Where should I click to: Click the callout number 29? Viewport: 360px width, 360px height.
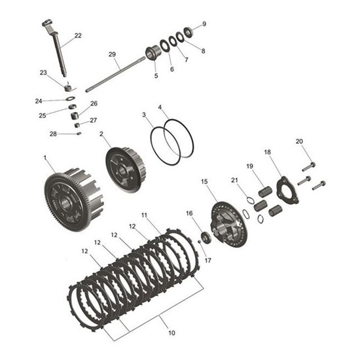pos(112,54)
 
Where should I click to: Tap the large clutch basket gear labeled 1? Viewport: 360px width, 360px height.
pos(74,199)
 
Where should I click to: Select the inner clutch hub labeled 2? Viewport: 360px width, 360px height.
pos(125,170)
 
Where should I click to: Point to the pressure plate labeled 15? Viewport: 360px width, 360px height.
pos(228,224)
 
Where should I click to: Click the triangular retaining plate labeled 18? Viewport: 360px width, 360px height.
pos(287,190)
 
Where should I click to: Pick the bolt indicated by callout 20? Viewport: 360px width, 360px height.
pos(309,167)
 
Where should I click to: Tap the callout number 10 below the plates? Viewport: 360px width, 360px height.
pos(171,333)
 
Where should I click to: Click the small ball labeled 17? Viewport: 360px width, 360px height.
pos(199,242)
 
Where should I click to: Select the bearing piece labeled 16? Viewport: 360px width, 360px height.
pos(206,238)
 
